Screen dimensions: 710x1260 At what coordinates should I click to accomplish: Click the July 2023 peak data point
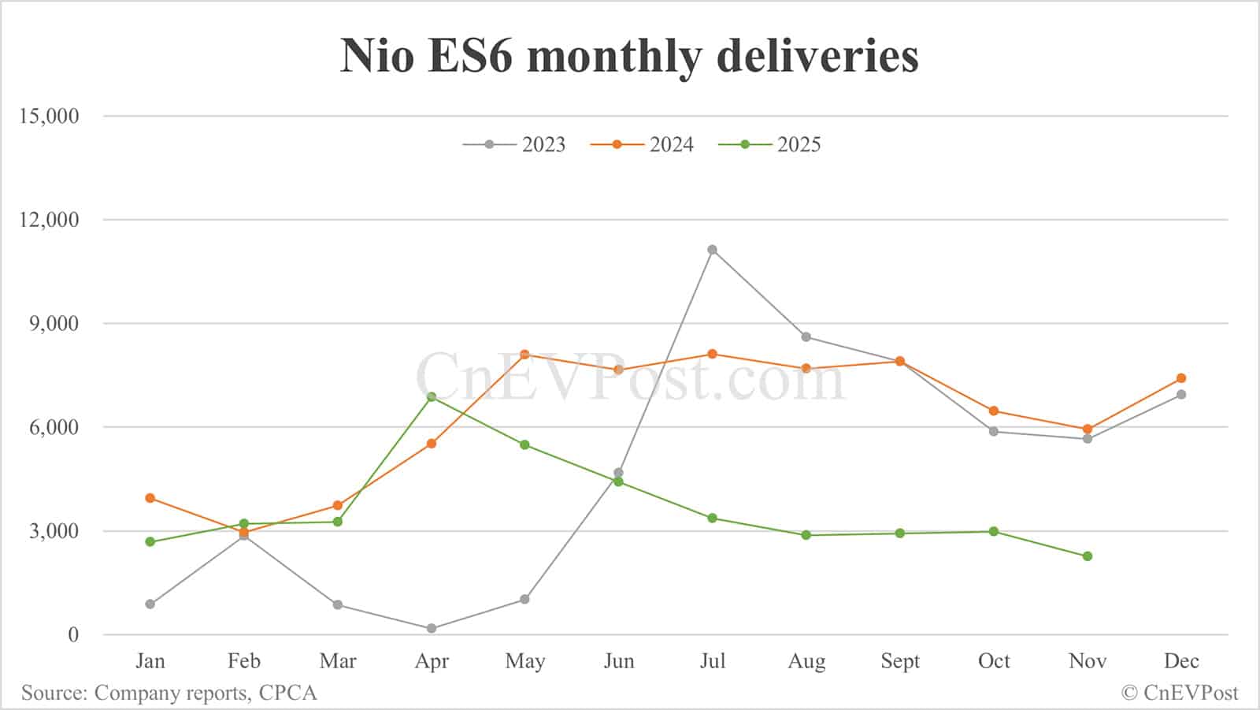point(712,250)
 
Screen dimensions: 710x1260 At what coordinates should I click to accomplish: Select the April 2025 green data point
point(432,397)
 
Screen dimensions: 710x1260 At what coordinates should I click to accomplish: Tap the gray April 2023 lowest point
point(432,629)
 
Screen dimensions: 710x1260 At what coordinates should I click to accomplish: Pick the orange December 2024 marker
point(1181,378)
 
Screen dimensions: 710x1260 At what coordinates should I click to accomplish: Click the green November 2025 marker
point(1088,556)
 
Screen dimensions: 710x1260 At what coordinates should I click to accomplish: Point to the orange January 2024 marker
point(150,498)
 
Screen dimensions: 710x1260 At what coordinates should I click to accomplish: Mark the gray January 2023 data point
point(150,604)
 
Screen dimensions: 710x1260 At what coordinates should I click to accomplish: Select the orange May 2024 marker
point(524,355)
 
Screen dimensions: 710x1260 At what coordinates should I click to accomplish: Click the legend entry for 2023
point(515,145)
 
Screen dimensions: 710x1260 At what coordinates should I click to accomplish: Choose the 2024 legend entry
point(643,145)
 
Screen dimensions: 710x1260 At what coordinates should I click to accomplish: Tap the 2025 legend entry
point(770,145)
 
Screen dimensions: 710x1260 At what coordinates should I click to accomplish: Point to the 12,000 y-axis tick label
point(50,220)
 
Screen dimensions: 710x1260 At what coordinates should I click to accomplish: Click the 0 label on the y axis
point(73,635)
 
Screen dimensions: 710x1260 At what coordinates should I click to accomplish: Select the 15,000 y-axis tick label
point(50,116)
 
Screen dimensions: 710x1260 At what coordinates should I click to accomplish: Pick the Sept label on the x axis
point(900,661)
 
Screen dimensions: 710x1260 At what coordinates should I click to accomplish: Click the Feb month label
point(244,661)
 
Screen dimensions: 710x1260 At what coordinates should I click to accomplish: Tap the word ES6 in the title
point(469,56)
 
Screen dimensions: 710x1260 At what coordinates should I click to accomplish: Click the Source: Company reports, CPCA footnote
point(169,693)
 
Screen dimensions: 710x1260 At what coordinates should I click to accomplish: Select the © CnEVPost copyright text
point(1179,693)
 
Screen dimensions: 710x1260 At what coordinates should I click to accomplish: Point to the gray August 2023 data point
point(806,337)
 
